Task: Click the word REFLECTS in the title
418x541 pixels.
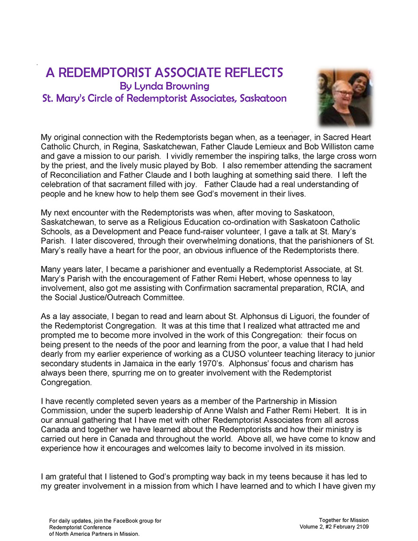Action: click(x=253, y=72)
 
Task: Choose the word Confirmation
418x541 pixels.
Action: click(x=208, y=288)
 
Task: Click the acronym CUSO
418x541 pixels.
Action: click(x=234, y=354)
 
